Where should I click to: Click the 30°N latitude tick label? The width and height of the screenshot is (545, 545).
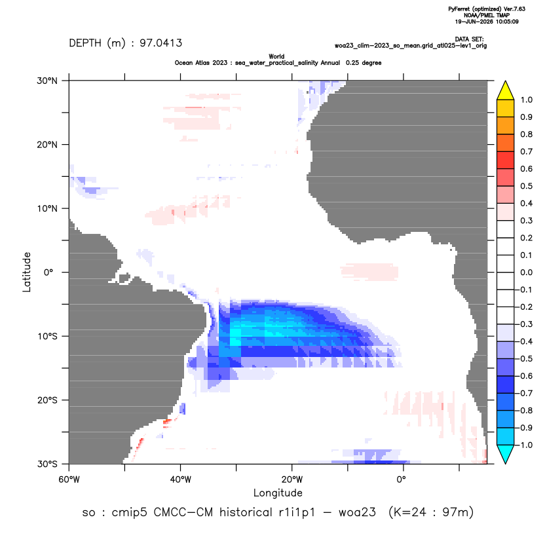click(x=47, y=81)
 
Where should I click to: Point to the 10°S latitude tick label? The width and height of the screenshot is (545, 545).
click(x=47, y=337)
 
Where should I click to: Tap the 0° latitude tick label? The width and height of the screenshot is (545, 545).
click(x=48, y=272)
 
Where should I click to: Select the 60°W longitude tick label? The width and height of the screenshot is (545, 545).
click(x=69, y=479)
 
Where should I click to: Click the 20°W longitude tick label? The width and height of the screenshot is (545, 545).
click(x=292, y=479)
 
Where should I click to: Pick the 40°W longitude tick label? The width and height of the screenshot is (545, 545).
click(x=180, y=479)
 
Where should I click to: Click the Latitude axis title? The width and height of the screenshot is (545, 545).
click(x=27, y=272)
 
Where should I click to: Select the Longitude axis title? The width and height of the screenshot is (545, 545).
click(x=278, y=493)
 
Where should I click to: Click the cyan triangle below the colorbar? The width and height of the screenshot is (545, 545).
click(x=506, y=453)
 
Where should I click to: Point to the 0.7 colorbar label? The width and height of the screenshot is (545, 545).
click(x=526, y=151)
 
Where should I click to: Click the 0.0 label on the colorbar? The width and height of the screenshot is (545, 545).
click(x=526, y=272)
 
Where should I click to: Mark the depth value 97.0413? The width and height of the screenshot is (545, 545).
click(x=160, y=43)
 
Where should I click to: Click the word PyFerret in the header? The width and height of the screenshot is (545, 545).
click(x=459, y=9)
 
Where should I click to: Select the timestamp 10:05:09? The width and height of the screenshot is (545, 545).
click(x=507, y=22)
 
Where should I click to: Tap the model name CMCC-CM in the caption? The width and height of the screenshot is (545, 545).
click(x=183, y=512)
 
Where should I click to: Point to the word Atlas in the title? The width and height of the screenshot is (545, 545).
click(x=220, y=63)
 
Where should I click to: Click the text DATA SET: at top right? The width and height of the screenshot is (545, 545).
click(x=469, y=39)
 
